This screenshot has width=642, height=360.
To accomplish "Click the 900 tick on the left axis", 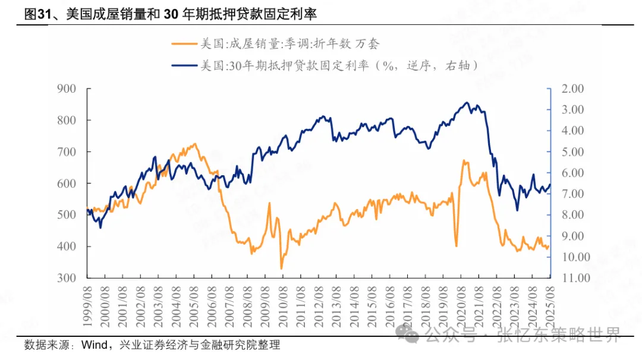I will click(67, 89).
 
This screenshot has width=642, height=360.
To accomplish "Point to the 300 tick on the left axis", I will click(67, 278).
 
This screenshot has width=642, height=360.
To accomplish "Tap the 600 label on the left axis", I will click(67, 184).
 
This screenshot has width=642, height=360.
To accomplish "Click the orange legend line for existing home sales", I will click(183, 43).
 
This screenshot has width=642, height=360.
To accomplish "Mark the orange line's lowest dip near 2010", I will click(282, 269).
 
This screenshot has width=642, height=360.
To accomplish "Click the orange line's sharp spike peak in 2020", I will click(463, 160).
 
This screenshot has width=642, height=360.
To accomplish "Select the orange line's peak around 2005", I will click(194, 144).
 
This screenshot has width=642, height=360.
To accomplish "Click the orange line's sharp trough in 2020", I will click(456, 246).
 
